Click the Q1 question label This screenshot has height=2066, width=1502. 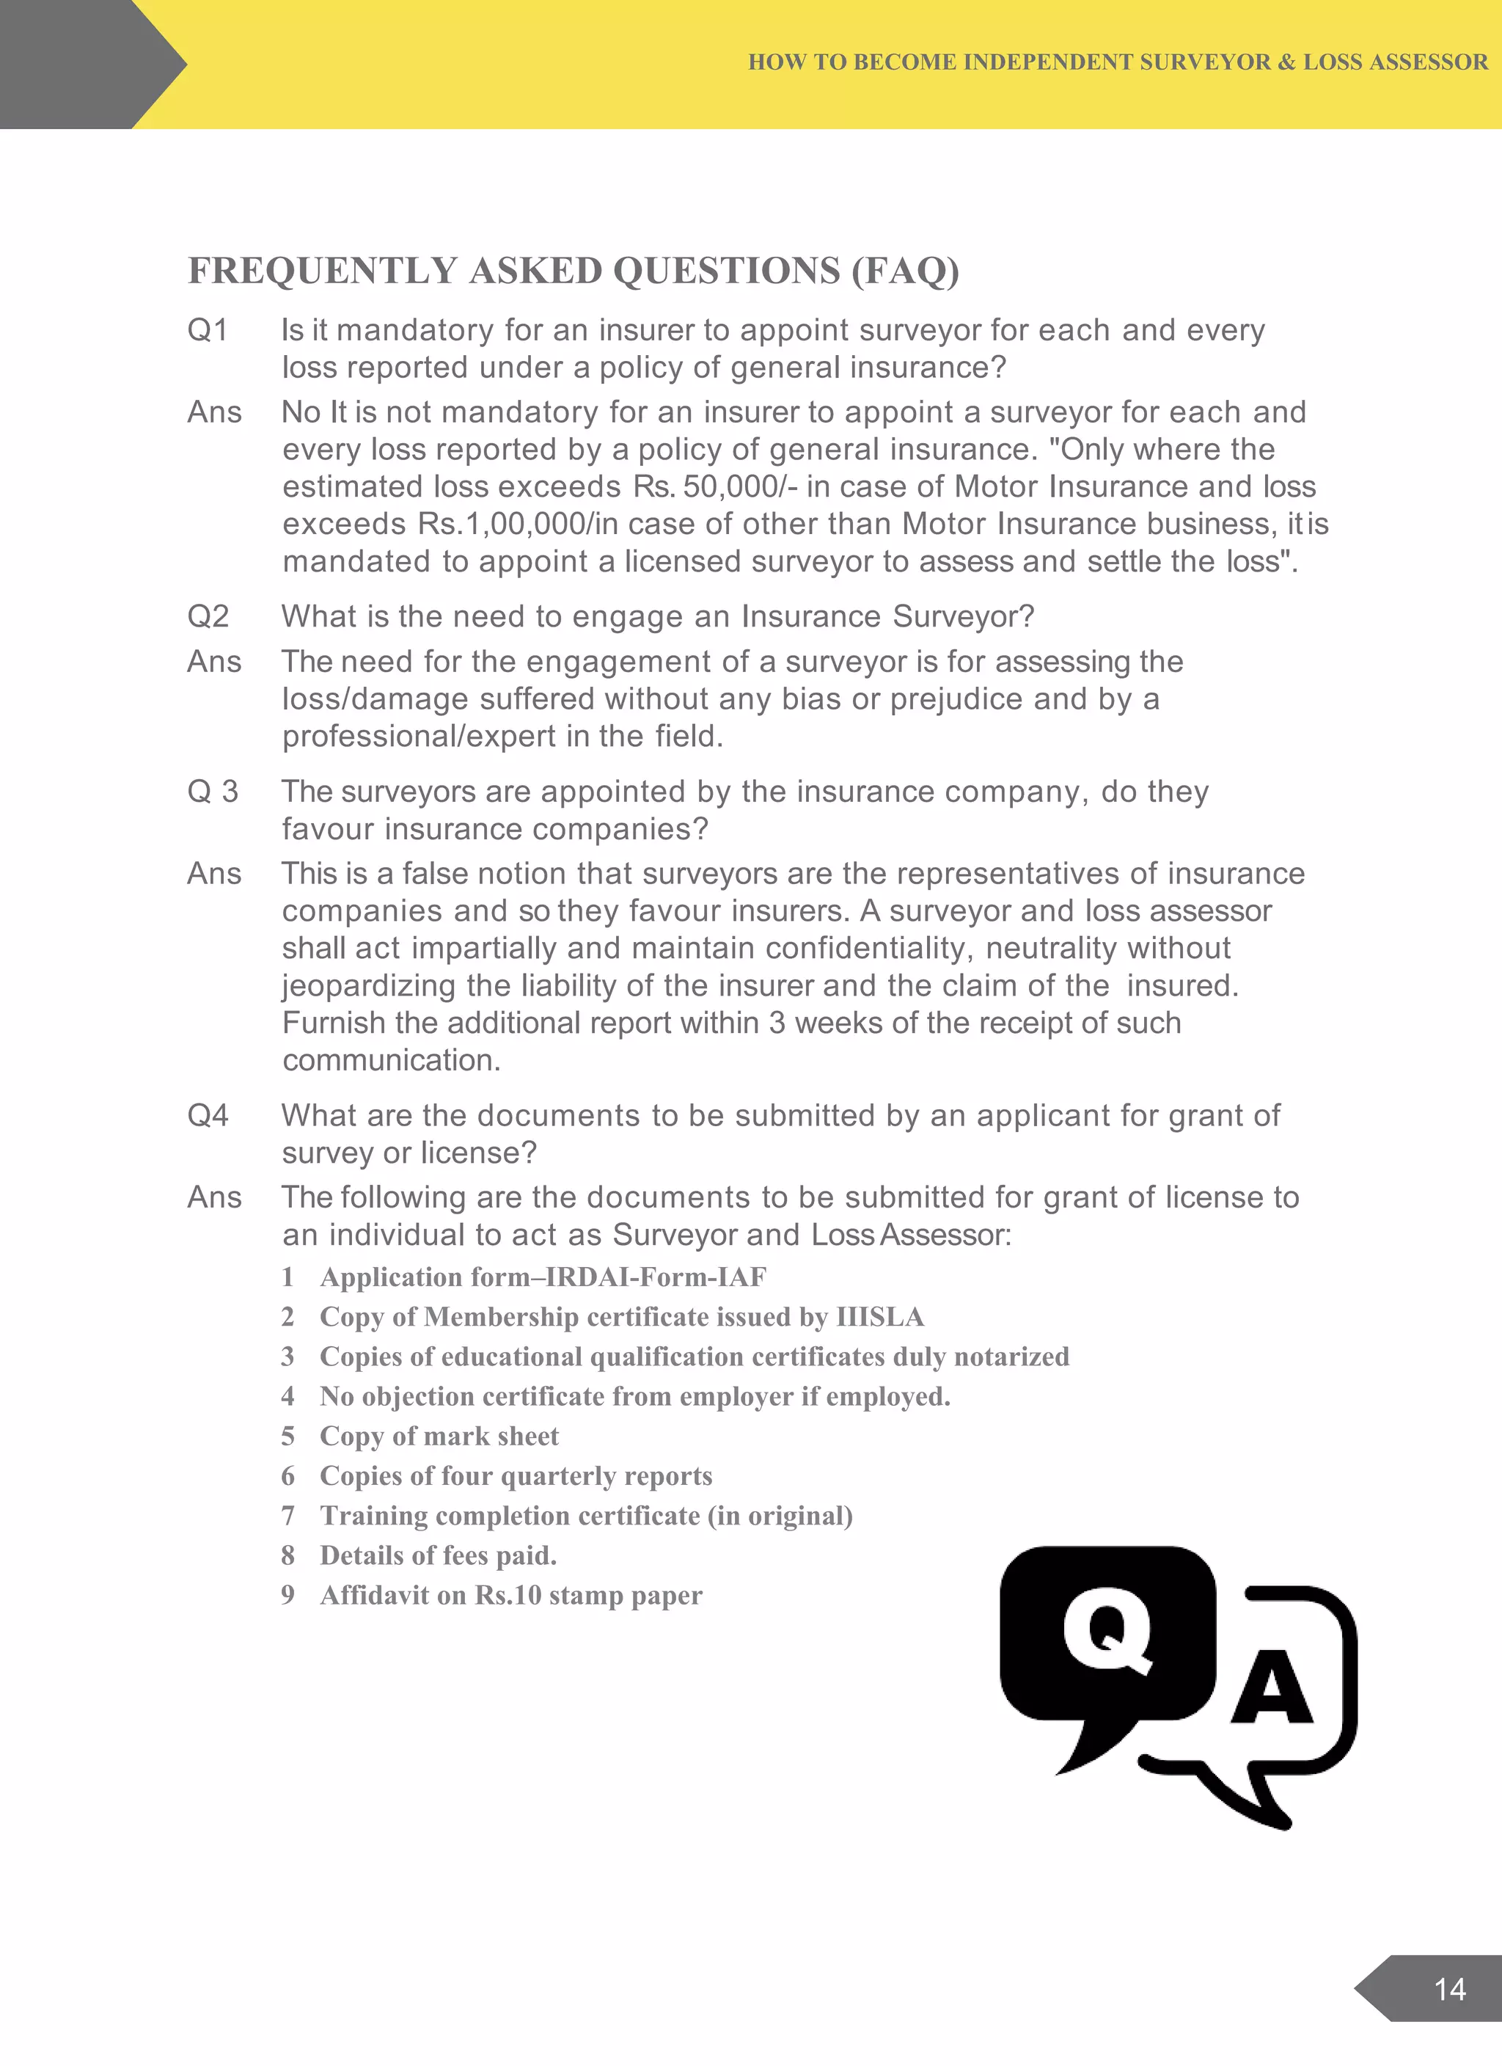click(208, 329)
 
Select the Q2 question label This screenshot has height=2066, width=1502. click(208, 617)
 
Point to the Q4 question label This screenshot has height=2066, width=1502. click(208, 1116)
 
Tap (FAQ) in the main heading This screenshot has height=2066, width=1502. click(906, 271)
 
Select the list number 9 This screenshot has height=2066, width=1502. click(287, 1595)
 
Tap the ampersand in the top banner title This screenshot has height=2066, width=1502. click(1287, 62)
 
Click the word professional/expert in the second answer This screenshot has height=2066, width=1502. click(419, 736)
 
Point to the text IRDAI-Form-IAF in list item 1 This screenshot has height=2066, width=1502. click(656, 1277)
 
